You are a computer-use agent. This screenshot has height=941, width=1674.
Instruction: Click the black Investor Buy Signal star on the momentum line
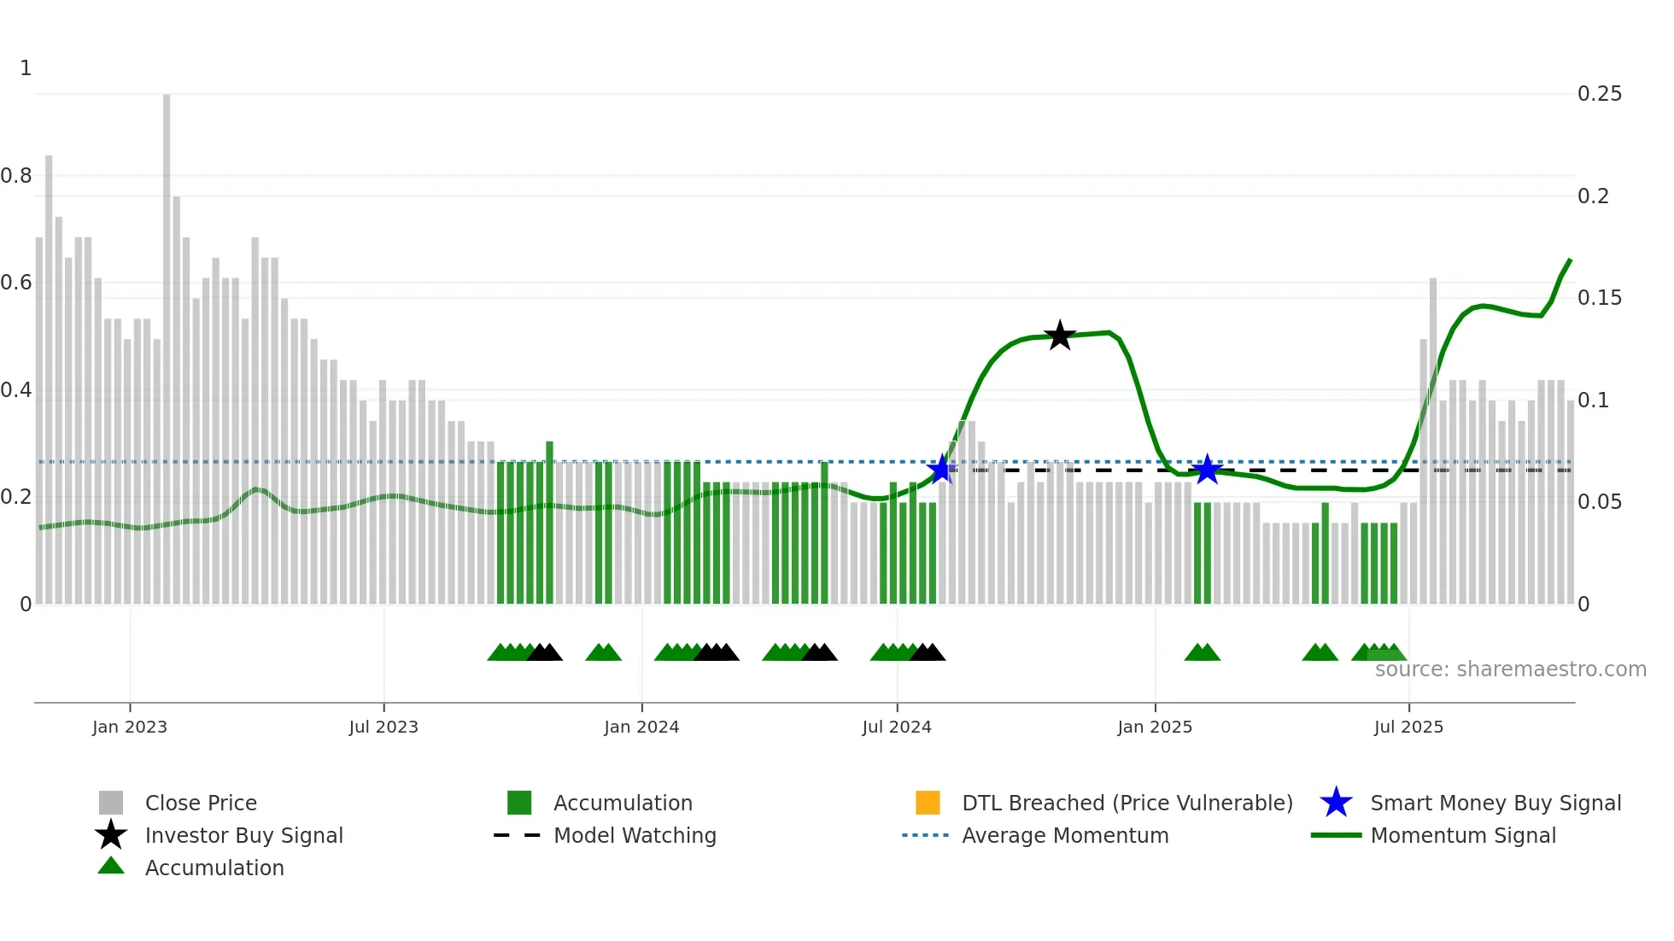click(x=1059, y=336)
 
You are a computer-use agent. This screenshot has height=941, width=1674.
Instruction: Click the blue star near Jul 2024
click(x=940, y=469)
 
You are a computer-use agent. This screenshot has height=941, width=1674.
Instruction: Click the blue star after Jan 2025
click(x=1206, y=469)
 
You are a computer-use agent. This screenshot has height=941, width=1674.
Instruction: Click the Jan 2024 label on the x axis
click(x=641, y=728)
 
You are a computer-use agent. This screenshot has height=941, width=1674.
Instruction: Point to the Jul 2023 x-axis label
click(x=383, y=728)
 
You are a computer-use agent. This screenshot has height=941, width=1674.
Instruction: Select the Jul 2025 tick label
click(x=1408, y=728)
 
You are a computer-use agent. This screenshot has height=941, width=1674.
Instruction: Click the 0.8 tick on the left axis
click(x=17, y=176)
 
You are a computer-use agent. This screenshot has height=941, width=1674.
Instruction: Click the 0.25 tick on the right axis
click(x=1599, y=94)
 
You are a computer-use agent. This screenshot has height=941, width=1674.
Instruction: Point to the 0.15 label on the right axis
click(x=1599, y=298)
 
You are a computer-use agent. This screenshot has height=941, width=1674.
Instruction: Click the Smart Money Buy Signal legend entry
click(x=1495, y=804)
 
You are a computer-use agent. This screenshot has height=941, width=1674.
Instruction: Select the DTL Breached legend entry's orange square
click(x=928, y=803)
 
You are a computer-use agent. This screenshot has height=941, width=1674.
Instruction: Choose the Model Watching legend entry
click(x=634, y=836)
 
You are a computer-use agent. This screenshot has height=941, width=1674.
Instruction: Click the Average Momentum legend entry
click(x=1064, y=836)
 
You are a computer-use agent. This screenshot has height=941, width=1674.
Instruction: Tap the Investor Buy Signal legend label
click(x=243, y=836)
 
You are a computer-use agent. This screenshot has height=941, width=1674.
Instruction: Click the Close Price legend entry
click(x=200, y=804)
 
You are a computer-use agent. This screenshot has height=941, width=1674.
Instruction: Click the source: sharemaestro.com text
click(x=1510, y=669)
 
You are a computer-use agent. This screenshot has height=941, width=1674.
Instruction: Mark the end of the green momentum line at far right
click(x=1570, y=260)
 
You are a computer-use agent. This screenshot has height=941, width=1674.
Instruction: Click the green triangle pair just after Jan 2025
click(x=1202, y=652)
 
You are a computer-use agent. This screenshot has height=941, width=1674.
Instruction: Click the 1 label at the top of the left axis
click(x=26, y=68)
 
